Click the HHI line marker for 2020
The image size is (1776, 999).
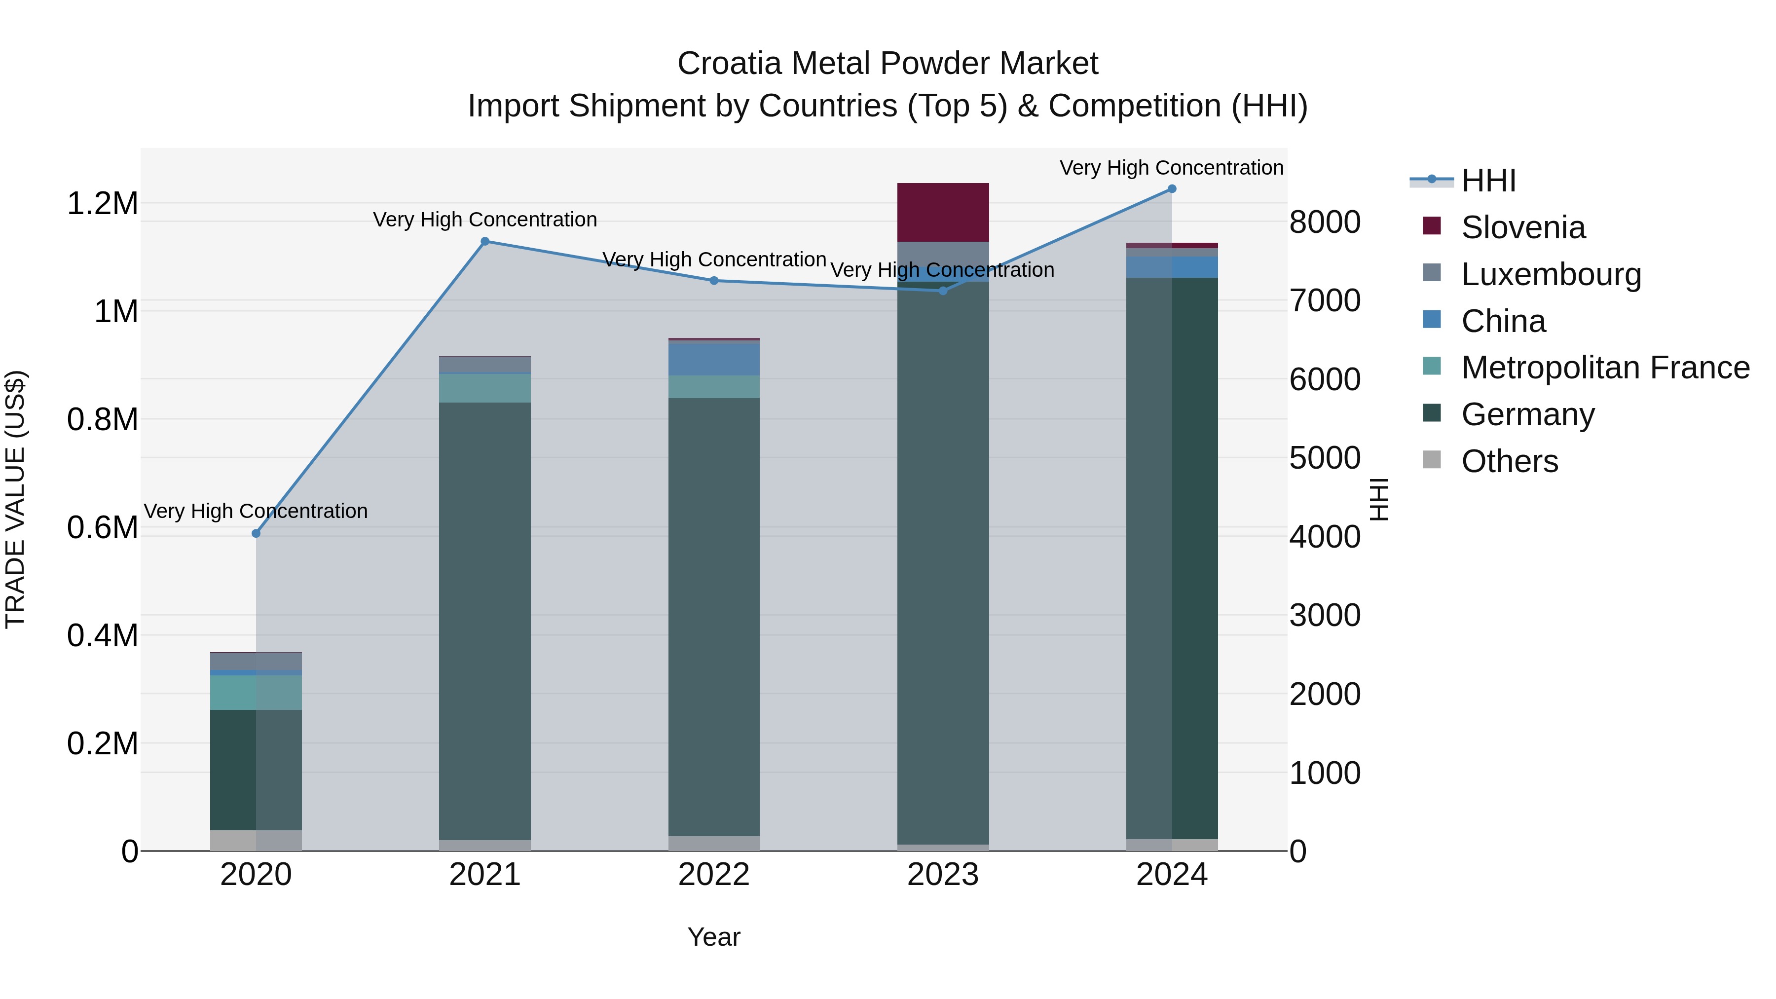pos(256,533)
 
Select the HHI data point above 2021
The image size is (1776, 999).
pos(484,241)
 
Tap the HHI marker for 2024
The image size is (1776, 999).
pos(1171,189)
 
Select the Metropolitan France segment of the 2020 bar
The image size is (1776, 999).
pos(256,692)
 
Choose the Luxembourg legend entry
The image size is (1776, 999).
pos(1551,274)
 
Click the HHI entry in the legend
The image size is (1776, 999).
pos(1488,181)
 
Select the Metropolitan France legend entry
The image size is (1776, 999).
pos(1604,368)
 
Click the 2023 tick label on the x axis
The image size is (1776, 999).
pos(942,875)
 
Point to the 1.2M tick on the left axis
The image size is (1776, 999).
pos(102,204)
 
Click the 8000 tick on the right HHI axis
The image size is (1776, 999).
pos(1325,222)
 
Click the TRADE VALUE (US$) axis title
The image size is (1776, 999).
pos(15,499)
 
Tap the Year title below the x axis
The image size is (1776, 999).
pos(713,937)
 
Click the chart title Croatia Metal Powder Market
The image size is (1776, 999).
pos(888,64)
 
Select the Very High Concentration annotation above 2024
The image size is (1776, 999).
pos(1171,168)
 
